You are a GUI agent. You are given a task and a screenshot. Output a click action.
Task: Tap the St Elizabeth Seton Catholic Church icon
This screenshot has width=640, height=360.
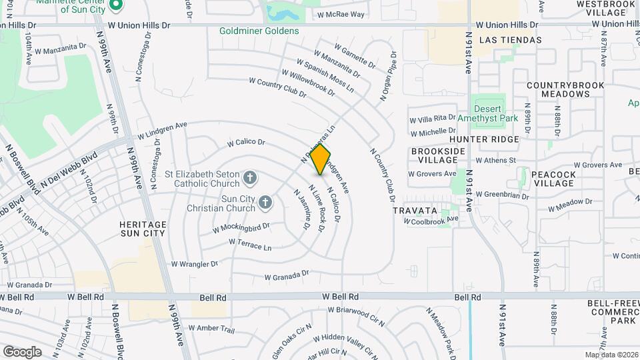click(249, 177)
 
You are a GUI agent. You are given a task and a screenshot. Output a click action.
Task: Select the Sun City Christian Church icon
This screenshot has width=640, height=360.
click(265, 201)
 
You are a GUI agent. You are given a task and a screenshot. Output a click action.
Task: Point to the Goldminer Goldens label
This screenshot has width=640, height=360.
click(259, 31)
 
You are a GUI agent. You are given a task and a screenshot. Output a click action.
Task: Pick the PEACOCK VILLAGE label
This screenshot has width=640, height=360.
click(553, 179)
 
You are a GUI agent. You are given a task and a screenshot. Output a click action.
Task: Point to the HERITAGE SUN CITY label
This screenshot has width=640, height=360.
click(142, 229)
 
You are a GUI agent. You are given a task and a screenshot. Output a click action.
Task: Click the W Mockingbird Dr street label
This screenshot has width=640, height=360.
click(241, 227)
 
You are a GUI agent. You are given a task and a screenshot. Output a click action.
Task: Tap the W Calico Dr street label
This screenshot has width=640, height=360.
click(246, 143)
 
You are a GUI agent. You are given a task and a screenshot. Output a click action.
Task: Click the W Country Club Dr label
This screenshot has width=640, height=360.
click(277, 87)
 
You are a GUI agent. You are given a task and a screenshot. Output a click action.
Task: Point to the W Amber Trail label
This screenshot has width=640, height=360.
click(211, 329)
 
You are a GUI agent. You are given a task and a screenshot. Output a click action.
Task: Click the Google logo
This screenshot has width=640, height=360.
click(22, 351)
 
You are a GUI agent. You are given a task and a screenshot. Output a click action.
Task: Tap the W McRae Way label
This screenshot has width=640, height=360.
click(341, 14)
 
